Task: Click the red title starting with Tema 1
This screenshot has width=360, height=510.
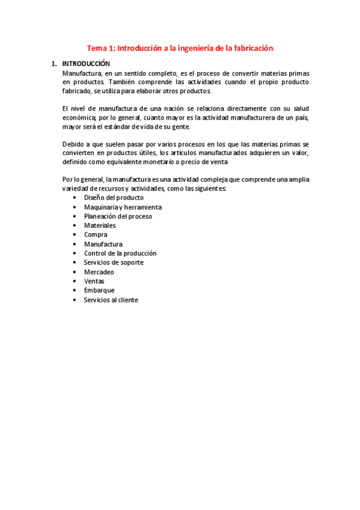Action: coord(180,48)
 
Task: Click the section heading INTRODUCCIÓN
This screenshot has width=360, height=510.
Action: coord(86,63)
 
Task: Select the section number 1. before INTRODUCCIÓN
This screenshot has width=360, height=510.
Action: coord(54,63)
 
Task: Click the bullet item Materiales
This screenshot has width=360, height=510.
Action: coord(100,226)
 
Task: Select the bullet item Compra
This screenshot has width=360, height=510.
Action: coord(96,235)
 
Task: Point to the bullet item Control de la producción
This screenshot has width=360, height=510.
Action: coord(120,253)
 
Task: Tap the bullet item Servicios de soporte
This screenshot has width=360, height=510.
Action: coord(114,262)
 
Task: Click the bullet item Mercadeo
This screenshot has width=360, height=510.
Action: coord(99,272)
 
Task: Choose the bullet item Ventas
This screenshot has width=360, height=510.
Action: coord(94,281)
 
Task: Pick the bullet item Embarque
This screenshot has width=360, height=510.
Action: coord(99,290)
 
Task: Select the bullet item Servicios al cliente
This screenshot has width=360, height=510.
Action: coord(111,300)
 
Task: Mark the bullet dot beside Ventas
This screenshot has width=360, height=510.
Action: coord(74,281)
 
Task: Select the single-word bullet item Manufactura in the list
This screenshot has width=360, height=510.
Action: coord(103,244)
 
